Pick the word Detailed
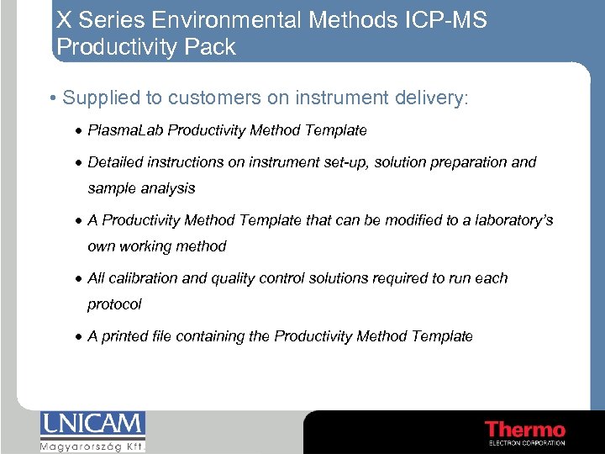[115, 162]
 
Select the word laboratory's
[513, 220]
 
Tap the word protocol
[114, 304]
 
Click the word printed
[125, 336]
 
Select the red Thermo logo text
[524, 429]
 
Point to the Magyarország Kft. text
[92, 446]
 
